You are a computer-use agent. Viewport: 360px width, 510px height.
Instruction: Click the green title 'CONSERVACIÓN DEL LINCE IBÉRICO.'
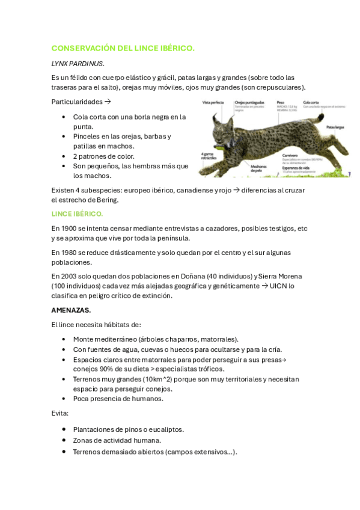tap(123, 48)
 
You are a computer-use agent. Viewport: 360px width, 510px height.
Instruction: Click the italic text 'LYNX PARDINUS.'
tap(78, 63)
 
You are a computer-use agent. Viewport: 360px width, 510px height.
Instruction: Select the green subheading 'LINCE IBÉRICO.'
tap(77, 214)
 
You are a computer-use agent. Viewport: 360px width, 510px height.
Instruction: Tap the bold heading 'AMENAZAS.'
tap(71, 310)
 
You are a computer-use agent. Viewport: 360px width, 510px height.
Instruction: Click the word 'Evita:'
tap(60, 413)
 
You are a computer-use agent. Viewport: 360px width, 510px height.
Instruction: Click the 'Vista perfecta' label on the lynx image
tap(214, 103)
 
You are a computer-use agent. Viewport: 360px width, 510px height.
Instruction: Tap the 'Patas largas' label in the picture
tap(335, 127)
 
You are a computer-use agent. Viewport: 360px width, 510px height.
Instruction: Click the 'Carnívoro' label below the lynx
tap(291, 155)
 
